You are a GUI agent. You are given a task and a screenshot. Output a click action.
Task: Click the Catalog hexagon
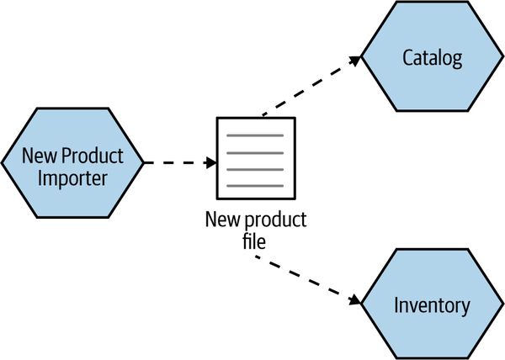coord(432,58)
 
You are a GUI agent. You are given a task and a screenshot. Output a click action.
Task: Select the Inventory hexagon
coord(432,304)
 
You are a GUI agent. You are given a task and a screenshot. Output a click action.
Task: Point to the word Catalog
coord(433,58)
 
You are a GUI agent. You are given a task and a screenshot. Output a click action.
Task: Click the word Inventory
coord(433,304)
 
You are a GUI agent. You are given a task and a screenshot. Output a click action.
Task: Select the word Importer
coord(72,177)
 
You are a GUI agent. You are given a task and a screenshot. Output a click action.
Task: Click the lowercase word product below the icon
coord(275,221)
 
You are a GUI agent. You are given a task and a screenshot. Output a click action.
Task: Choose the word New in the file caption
coord(222,221)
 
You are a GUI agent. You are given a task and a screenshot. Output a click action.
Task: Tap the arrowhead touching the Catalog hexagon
coord(356,60)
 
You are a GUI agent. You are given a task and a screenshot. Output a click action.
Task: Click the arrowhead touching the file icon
coord(211,161)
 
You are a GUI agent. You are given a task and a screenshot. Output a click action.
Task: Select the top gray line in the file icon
coord(256,136)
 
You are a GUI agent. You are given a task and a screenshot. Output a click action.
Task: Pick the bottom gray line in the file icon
coord(256,183)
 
